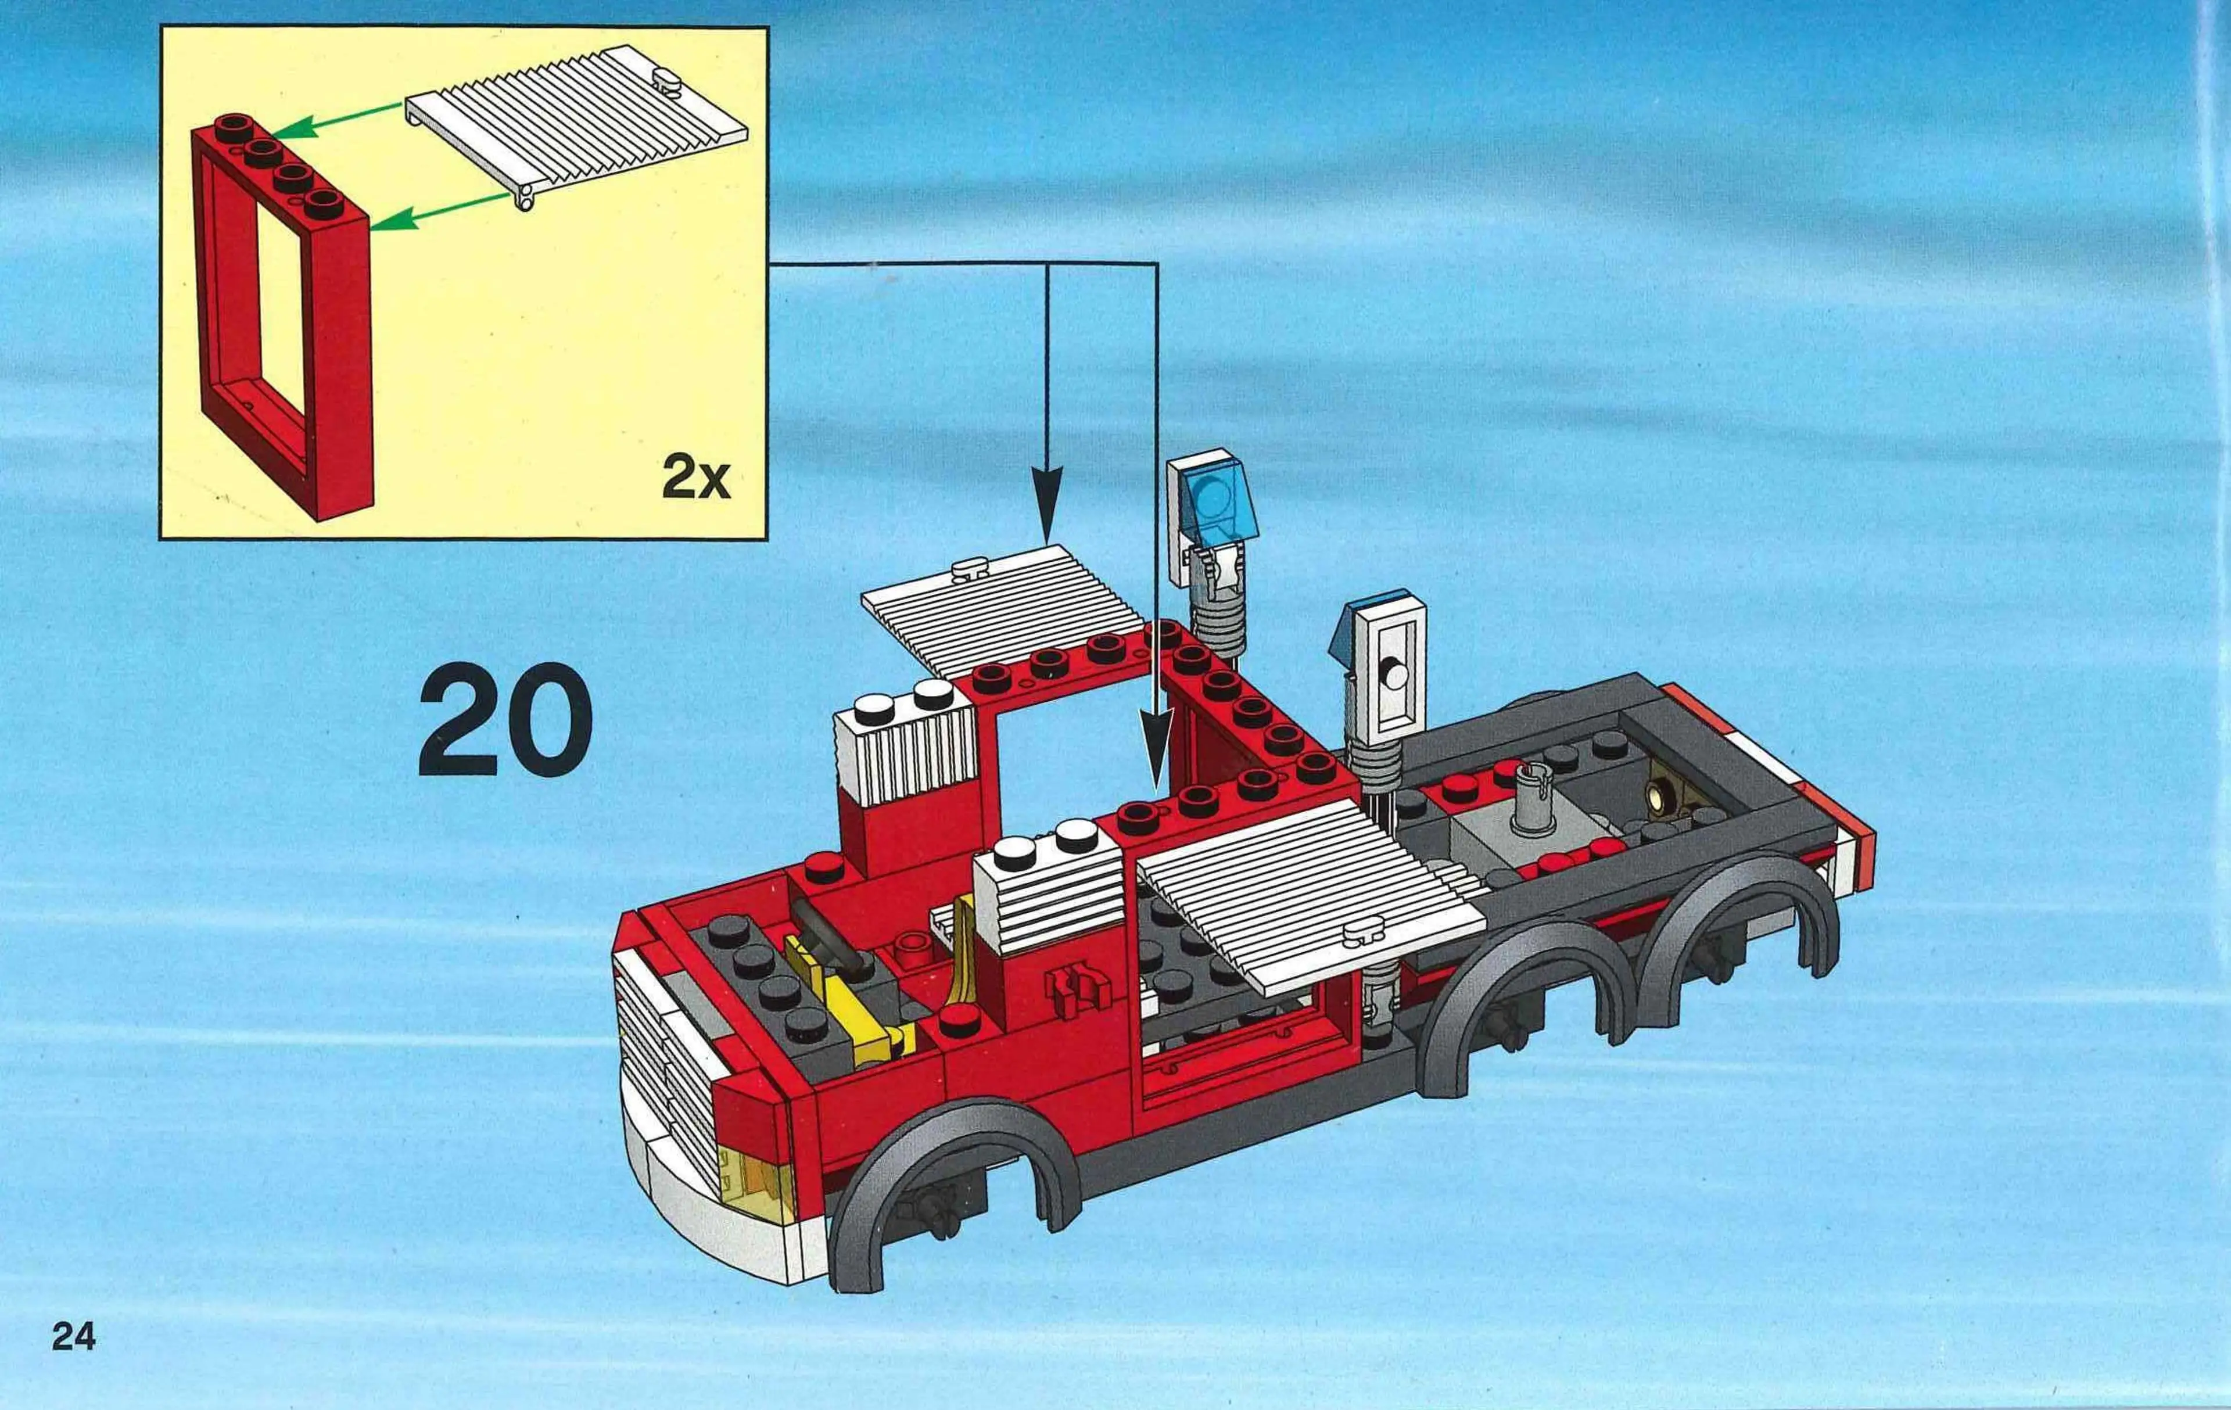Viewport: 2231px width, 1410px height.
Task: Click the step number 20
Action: [505, 721]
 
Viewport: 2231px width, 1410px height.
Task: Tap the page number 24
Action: [74, 1337]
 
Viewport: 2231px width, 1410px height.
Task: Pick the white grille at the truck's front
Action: [662, 1056]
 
